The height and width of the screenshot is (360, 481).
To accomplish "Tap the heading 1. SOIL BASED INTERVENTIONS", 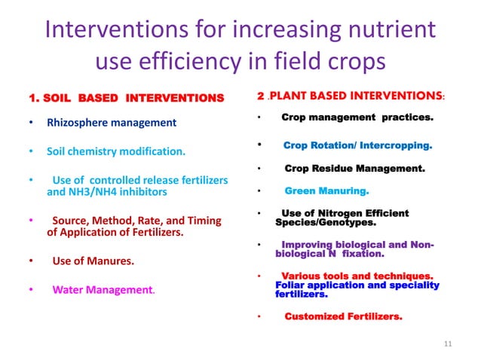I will click(x=126, y=98).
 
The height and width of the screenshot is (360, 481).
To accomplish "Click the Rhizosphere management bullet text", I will click(x=112, y=122).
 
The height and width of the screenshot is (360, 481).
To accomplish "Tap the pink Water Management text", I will click(x=103, y=289).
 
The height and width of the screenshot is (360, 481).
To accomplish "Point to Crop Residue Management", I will click(x=354, y=169).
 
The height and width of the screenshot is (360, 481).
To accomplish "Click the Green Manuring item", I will click(x=326, y=191).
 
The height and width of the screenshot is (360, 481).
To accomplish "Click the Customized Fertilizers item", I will click(x=342, y=316).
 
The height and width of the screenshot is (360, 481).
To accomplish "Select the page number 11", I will click(x=448, y=345).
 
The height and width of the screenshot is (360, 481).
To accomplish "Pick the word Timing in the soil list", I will click(x=202, y=221).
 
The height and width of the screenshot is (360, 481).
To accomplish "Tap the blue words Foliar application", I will click(x=322, y=285).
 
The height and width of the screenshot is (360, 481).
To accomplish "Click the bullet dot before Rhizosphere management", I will click(x=29, y=122).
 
